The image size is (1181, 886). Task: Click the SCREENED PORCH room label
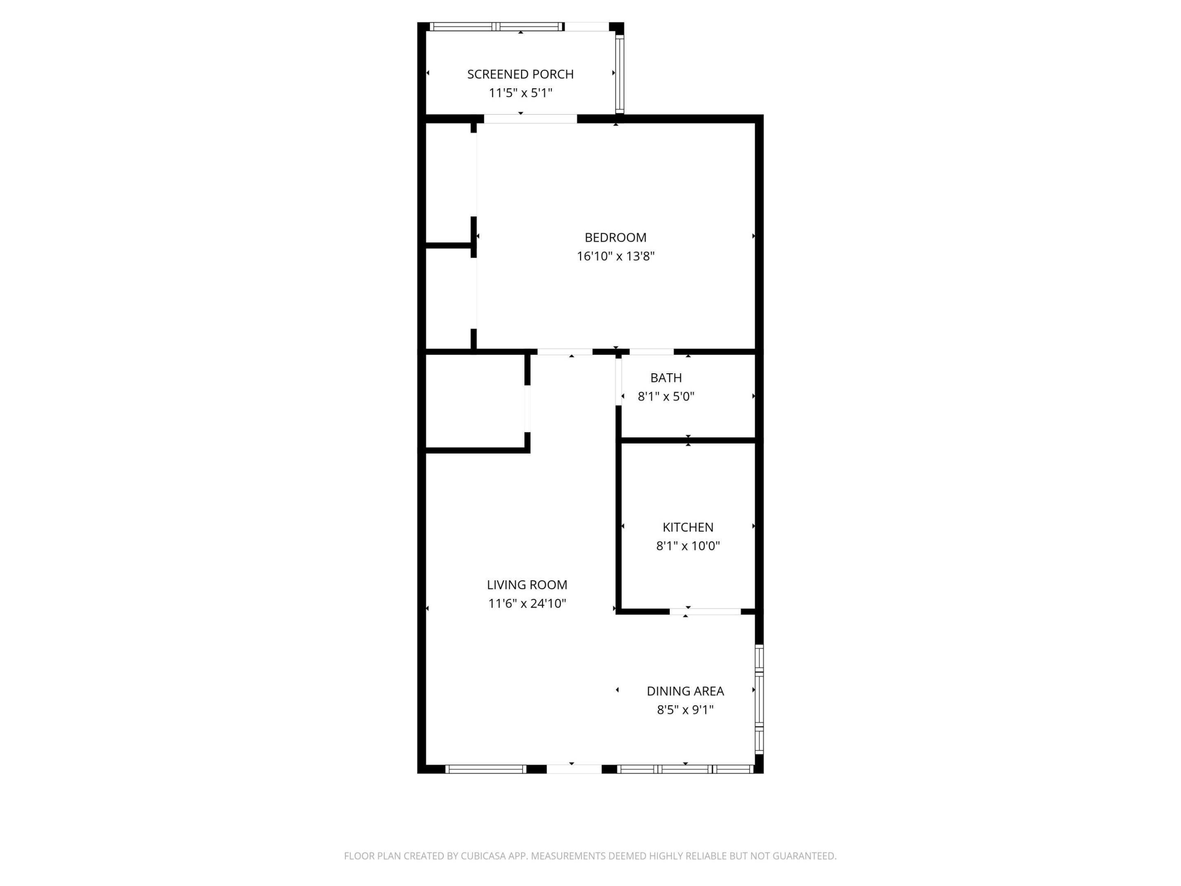pos(520,74)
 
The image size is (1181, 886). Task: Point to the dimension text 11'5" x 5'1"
pos(520,93)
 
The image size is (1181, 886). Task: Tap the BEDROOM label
pos(615,237)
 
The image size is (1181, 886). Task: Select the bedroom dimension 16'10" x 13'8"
pos(615,256)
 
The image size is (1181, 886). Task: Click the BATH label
pos(666,378)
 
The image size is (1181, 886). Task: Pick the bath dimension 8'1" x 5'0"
pos(666,396)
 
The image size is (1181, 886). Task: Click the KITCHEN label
pos(688,527)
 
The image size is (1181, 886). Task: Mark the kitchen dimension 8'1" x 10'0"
pos(688,546)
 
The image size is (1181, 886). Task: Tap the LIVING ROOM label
pos(527,585)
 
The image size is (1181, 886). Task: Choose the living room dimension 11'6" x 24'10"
pos(527,603)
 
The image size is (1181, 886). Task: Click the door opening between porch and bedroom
pos(530,119)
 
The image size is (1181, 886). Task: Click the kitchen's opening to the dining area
pos(705,612)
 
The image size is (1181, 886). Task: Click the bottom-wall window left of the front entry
pos(486,769)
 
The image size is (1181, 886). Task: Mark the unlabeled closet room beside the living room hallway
pos(474,402)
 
